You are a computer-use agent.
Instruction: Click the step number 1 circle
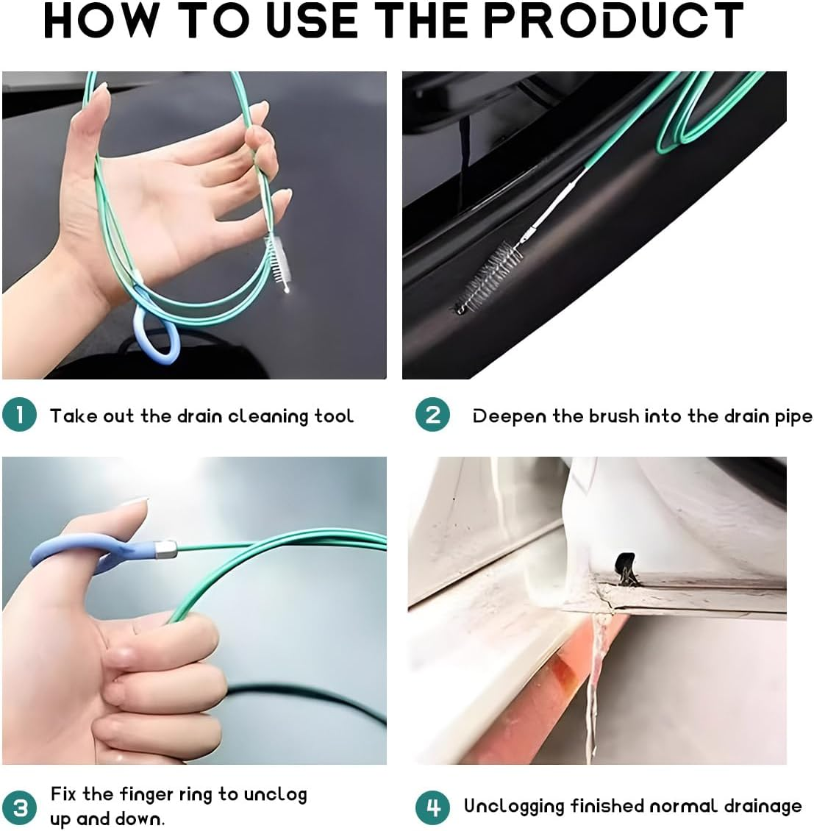coord(19,414)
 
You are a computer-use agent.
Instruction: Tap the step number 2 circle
coord(432,415)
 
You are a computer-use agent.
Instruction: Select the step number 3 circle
coord(20,807)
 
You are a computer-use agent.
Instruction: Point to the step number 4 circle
coord(432,807)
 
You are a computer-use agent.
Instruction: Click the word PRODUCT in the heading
coord(613,21)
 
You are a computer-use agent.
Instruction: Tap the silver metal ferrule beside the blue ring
coord(166,548)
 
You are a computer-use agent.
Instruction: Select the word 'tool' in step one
coord(334,416)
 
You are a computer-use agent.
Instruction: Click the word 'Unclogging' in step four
coord(514,807)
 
